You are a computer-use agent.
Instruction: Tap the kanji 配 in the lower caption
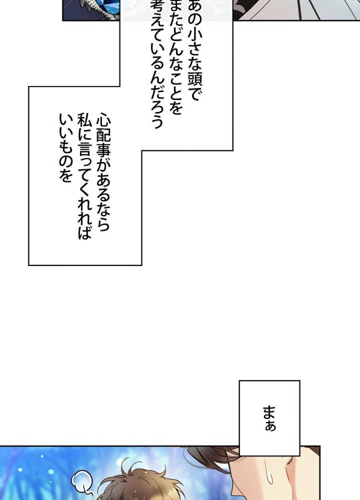103,137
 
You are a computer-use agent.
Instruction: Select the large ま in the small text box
270,412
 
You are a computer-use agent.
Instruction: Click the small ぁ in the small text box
270,425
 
